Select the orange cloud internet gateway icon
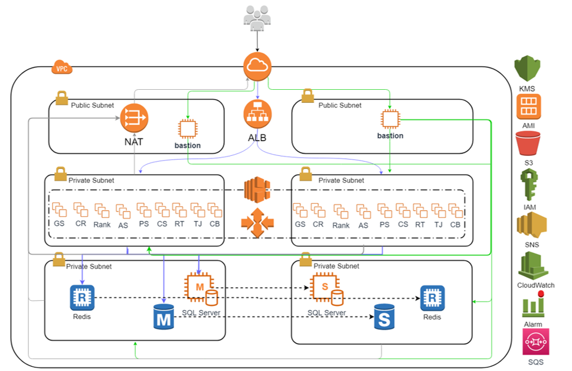click(x=257, y=66)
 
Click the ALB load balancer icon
click(x=257, y=114)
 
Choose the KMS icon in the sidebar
click(x=527, y=69)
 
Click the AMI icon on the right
click(x=528, y=107)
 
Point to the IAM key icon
click(x=528, y=184)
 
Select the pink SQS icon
click(x=535, y=343)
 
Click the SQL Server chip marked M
click(x=199, y=287)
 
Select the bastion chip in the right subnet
click(x=390, y=119)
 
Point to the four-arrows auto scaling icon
click(x=257, y=223)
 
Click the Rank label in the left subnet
click(x=102, y=225)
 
